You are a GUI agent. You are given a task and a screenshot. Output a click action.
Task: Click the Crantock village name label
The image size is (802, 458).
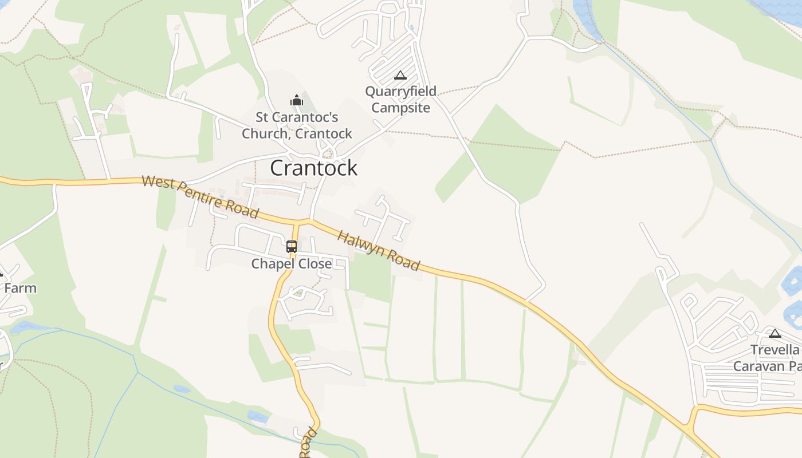(x=313, y=168)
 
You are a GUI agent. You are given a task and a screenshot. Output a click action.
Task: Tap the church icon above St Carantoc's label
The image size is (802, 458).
(x=296, y=101)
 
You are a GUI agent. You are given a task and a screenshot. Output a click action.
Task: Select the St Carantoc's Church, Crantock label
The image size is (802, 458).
(x=297, y=125)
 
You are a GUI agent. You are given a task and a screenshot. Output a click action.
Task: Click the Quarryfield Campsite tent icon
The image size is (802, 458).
(x=400, y=75)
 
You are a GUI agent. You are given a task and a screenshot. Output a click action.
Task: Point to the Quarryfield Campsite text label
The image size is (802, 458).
(x=400, y=99)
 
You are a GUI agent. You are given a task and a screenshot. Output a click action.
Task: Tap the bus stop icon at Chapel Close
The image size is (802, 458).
(x=292, y=247)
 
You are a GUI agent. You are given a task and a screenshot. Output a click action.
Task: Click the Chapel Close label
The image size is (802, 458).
(x=292, y=264)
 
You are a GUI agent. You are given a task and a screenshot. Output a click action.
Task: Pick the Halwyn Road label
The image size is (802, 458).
(x=378, y=250)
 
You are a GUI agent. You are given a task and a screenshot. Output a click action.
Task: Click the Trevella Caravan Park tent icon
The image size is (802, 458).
(x=775, y=333)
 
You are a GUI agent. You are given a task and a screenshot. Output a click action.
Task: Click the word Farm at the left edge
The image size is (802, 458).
(x=20, y=288)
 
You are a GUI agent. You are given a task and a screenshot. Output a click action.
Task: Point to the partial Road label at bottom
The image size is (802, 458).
(x=308, y=443)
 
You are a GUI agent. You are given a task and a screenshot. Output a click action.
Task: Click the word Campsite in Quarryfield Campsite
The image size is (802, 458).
(x=400, y=108)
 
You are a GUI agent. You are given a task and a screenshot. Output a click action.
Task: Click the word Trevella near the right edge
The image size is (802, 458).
(x=775, y=350)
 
